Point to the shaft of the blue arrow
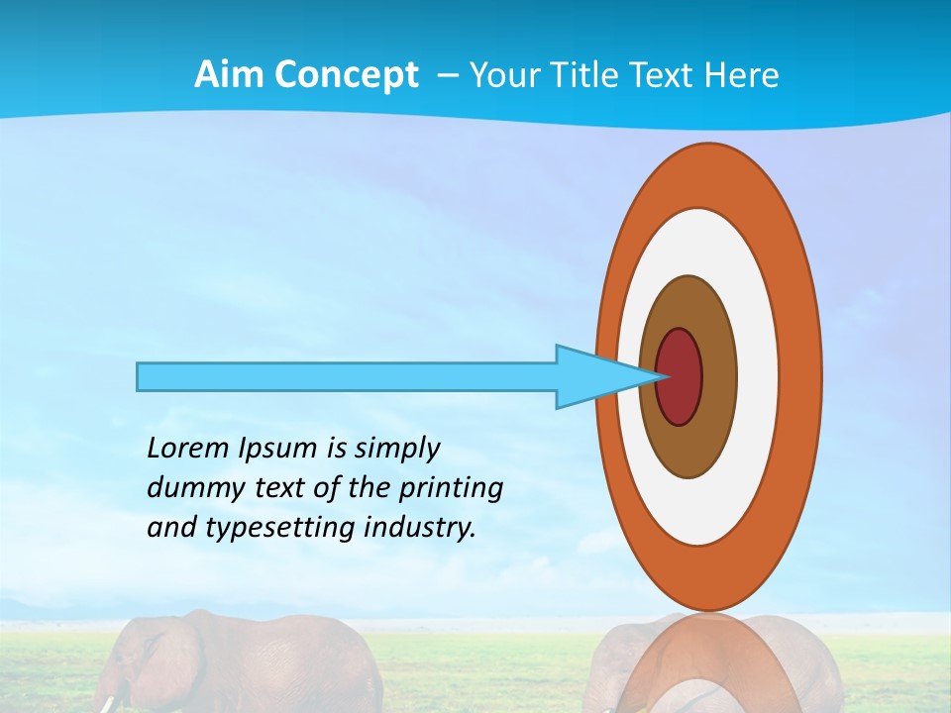point(347,376)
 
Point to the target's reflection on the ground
point(709,663)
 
